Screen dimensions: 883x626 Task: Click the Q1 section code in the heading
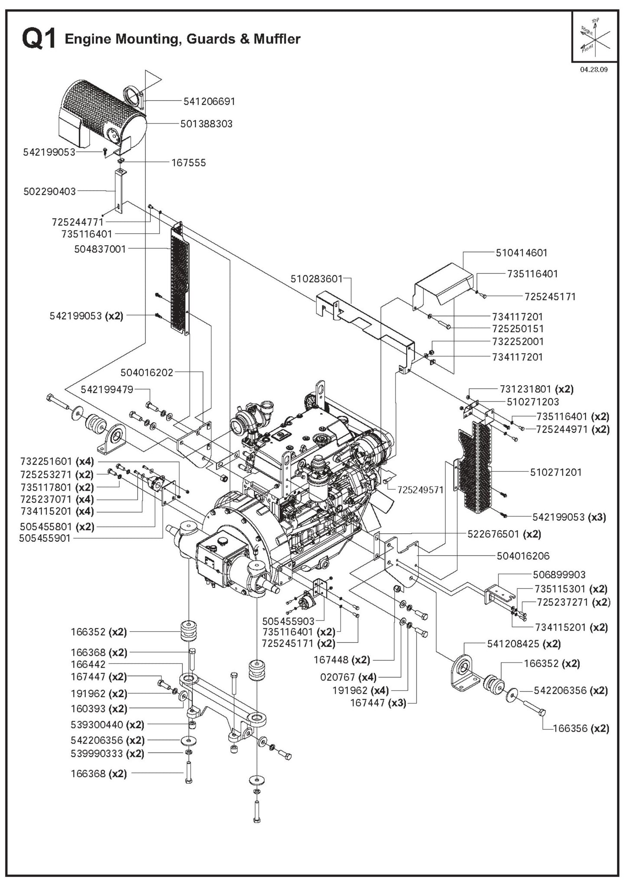coord(39,39)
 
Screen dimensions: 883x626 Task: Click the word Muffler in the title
coord(277,39)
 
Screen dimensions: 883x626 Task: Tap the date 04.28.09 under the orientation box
coord(594,70)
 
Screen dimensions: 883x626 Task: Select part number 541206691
coord(209,101)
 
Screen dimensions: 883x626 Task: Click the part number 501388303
coord(206,124)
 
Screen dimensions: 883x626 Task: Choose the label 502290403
coord(49,192)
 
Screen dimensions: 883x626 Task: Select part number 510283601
coord(316,279)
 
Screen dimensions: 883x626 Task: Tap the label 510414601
coord(522,253)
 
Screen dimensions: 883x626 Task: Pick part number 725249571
coord(420,490)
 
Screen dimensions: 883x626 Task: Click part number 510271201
coord(556,472)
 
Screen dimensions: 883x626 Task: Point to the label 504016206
coord(523,556)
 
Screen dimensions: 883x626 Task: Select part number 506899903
coord(559,575)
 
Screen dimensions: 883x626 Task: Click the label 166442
coord(88,665)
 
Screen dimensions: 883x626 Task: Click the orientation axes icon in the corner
coord(595,38)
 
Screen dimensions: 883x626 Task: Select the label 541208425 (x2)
coord(524,644)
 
